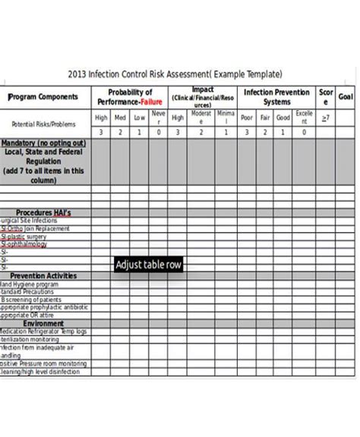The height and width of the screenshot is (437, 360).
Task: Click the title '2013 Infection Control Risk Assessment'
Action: tap(175, 74)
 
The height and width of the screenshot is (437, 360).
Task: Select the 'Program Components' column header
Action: tap(43, 97)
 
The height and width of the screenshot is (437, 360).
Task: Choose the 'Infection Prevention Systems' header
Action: tap(276, 97)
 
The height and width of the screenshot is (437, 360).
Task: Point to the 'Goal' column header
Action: tap(346, 97)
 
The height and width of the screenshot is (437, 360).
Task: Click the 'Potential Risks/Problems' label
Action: tap(43, 124)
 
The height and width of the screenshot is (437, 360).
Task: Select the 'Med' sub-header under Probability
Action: tap(120, 118)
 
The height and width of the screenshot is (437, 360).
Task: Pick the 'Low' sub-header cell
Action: tap(139, 118)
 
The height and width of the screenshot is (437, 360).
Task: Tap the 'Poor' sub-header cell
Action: tap(246, 118)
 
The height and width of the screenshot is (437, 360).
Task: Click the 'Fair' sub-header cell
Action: tap(264, 118)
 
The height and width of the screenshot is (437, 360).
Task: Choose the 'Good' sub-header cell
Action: tap(283, 118)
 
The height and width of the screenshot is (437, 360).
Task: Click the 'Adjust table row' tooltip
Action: tap(148, 265)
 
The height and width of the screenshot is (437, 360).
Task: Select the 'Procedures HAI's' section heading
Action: tap(43, 213)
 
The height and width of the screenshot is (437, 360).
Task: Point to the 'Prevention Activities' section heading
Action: tap(43, 276)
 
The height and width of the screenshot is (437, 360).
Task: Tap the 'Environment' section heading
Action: tap(43, 323)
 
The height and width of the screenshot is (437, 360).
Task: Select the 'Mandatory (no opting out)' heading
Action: tap(43, 143)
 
